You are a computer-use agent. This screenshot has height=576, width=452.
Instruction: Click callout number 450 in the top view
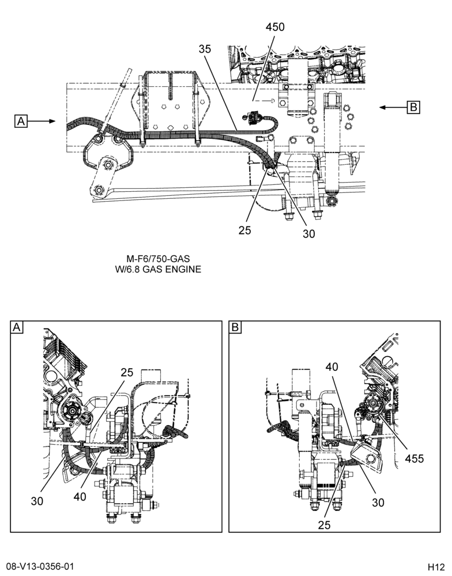click(275, 27)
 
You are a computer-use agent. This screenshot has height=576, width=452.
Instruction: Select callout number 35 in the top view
click(205, 48)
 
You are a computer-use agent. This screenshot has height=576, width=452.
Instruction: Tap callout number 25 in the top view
click(244, 230)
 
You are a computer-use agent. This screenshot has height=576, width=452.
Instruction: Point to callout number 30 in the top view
click(309, 234)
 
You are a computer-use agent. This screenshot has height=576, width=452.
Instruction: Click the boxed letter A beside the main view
click(21, 121)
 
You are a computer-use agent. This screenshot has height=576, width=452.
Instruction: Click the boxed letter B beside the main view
click(413, 107)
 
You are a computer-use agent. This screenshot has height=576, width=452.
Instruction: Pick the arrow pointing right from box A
click(41, 121)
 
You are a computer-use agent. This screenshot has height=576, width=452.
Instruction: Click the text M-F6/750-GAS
click(158, 259)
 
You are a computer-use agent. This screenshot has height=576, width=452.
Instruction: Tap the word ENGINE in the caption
click(183, 269)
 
